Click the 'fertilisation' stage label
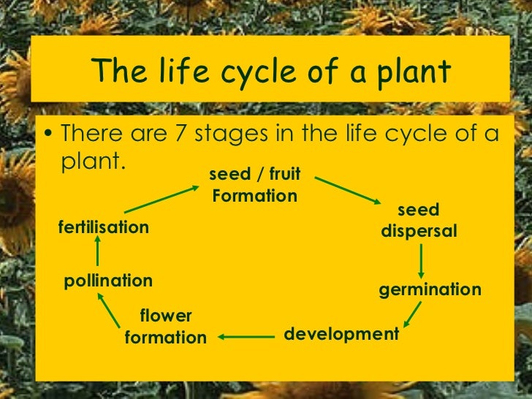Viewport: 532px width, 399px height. point(103,227)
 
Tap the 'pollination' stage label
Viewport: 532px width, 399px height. point(108,281)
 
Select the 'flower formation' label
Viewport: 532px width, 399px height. point(166,327)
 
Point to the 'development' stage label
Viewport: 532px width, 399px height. point(341,334)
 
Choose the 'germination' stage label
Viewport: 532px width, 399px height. point(430,289)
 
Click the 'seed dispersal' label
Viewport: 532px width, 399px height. point(419,221)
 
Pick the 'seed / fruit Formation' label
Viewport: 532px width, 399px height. point(254,186)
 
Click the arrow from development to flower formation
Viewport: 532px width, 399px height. point(245,337)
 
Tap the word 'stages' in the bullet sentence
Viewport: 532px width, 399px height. point(238,136)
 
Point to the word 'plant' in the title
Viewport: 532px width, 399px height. point(409,72)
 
